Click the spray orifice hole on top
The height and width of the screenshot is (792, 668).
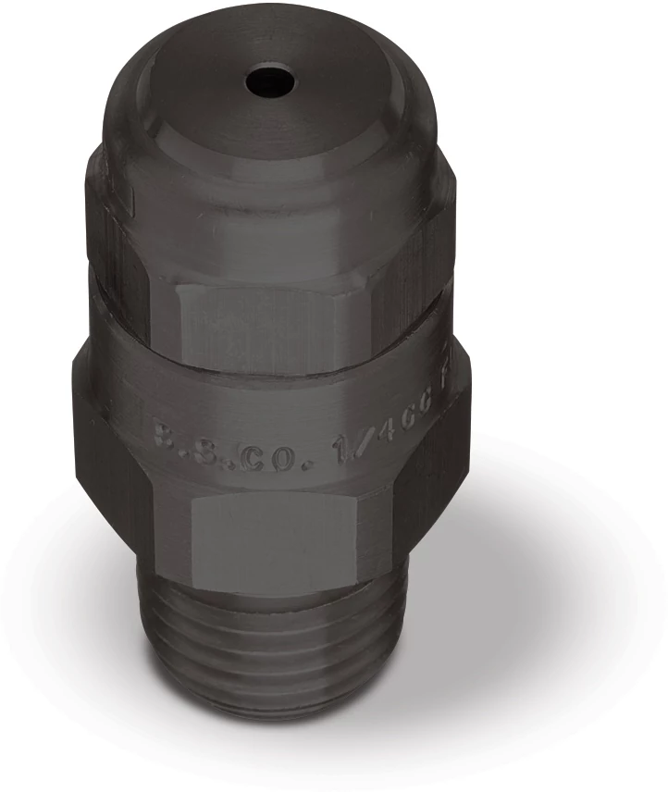[x=270, y=82]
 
